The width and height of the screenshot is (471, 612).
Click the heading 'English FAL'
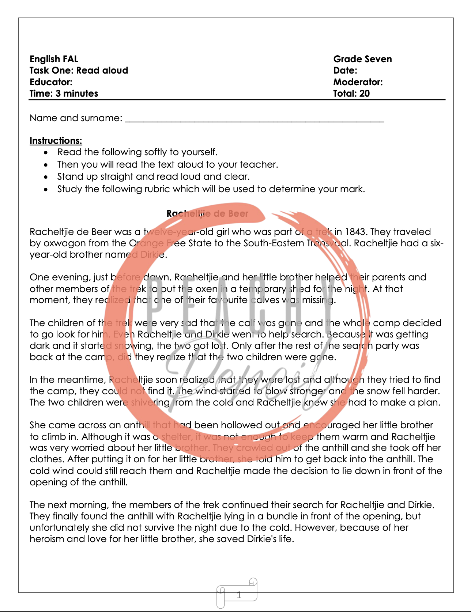point(54,59)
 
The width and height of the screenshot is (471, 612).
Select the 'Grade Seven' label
point(362,59)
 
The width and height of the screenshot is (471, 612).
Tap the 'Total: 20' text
point(351,93)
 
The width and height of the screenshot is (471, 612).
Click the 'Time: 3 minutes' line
point(64,93)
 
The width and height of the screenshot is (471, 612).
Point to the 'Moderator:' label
point(358,82)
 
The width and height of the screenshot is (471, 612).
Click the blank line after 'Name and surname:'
point(254,119)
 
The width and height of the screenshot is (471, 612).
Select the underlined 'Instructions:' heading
point(56,141)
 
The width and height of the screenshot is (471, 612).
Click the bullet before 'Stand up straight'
point(46,177)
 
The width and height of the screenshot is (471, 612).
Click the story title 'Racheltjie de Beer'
point(207,213)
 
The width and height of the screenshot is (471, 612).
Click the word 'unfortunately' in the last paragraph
point(59,528)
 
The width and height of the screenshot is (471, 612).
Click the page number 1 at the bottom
point(239,594)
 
